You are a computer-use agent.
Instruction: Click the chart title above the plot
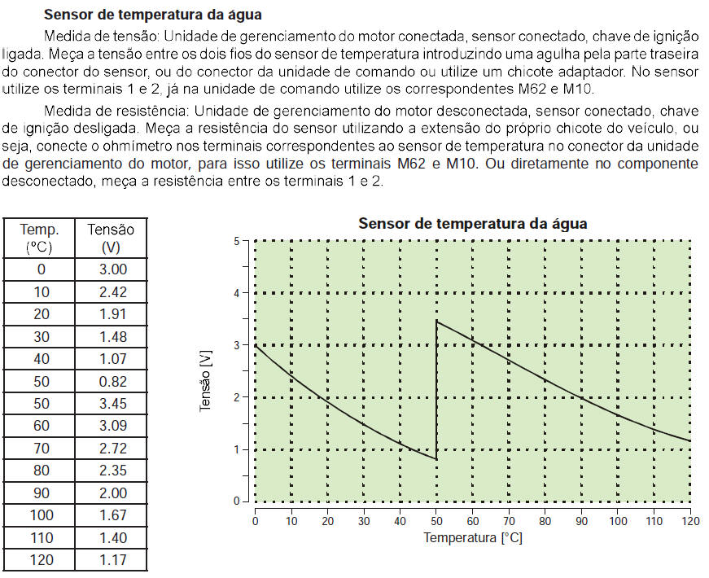[472, 224]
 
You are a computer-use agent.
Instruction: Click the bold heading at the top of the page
[152, 15]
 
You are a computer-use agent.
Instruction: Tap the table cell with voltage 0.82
[111, 381]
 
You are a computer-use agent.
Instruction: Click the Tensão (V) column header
[111, 237]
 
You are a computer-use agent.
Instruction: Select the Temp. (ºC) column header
[40, 237]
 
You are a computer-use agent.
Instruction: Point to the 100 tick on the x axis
[618, 521]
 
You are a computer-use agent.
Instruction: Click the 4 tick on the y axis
[236, 293]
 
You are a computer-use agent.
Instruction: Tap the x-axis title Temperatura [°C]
[472, 538]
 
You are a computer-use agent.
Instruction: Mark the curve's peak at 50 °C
[437, 322]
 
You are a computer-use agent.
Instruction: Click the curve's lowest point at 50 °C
[437, 459]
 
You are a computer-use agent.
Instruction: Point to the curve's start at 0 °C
[256, 345]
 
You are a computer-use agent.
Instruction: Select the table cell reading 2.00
[111, 493]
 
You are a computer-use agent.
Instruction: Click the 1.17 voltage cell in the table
[111, 560]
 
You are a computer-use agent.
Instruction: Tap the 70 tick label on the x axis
[509, 521]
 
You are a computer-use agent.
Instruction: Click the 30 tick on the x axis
[364, 521]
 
